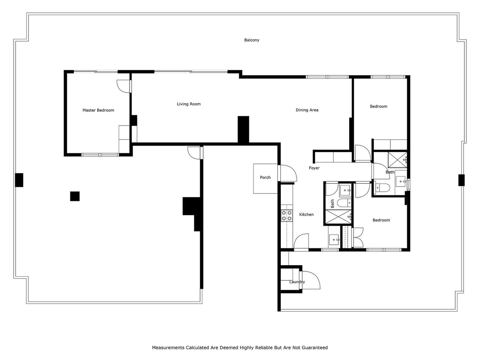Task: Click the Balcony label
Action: click(x=252, y=40)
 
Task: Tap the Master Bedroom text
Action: click(x=98, y=110)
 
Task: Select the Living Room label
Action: click(x=189, y=104)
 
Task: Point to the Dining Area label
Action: click(x=307, y=110)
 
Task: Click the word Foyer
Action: click(x=314, y=168)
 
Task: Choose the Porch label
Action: click(x=265, y=177)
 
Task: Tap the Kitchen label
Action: click(x=306, y=214)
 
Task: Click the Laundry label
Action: click(x=297, y=282)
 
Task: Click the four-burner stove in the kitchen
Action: click(x=286, y=215)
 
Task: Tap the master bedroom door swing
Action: click(x=124, y=86)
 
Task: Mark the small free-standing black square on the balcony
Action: click(x=75, y=196)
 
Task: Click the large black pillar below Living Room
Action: click(x=243, y=129)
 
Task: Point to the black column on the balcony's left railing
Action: click(x=19, y=180)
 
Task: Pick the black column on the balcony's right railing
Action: click(x=461, y=180)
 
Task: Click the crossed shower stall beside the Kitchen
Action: click(x=338, y=217)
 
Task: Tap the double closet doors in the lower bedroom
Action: click(x=358, y=238)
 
